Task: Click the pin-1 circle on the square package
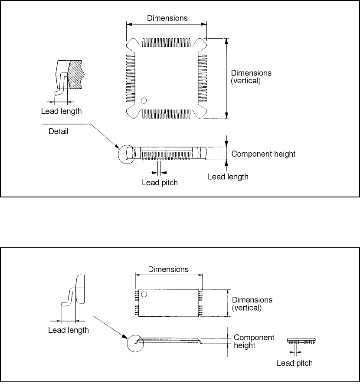(x=144, y=101)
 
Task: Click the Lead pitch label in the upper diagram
(x=160, y=182)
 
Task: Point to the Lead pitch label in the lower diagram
(x=295, y=363)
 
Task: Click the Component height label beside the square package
(x=263, y=154)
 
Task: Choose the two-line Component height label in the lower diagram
(x=254, y=341)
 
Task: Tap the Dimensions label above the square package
(x=167, y=18)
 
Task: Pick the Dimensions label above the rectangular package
(x=168, y=269)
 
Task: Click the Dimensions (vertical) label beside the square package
(x=252, y=77)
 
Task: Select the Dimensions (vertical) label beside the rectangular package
(x=252, y=304)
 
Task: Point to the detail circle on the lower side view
(x=137, y=343)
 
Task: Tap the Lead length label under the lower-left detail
(x=68, y=330)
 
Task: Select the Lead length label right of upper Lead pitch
(x=228, y=177)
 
